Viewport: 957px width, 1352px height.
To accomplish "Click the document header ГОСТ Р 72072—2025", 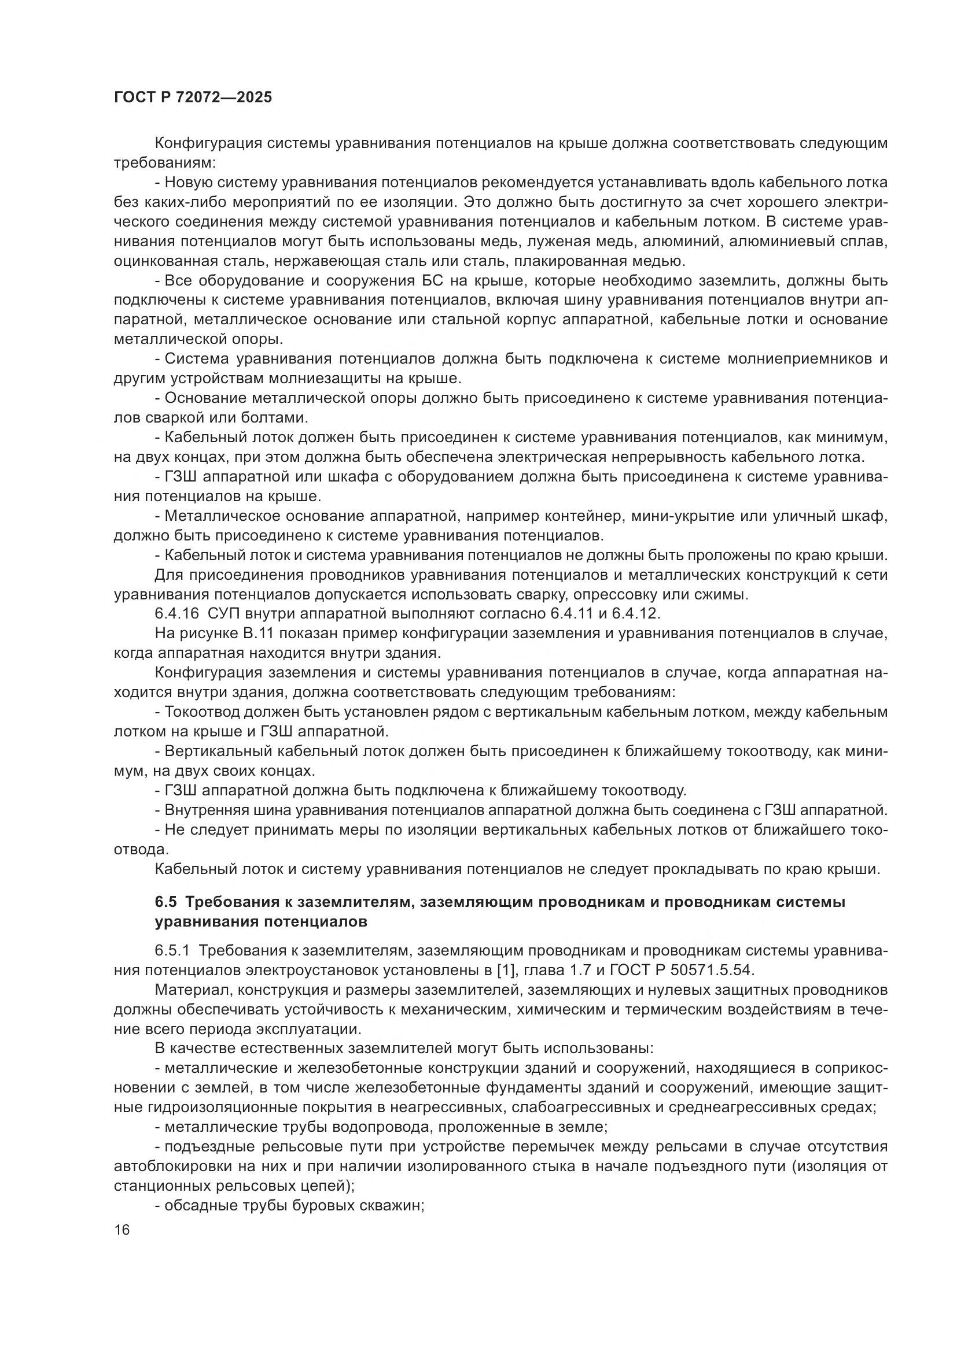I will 193,98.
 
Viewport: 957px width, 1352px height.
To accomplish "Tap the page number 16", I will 122,1229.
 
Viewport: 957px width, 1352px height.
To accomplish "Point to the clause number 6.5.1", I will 172,951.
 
